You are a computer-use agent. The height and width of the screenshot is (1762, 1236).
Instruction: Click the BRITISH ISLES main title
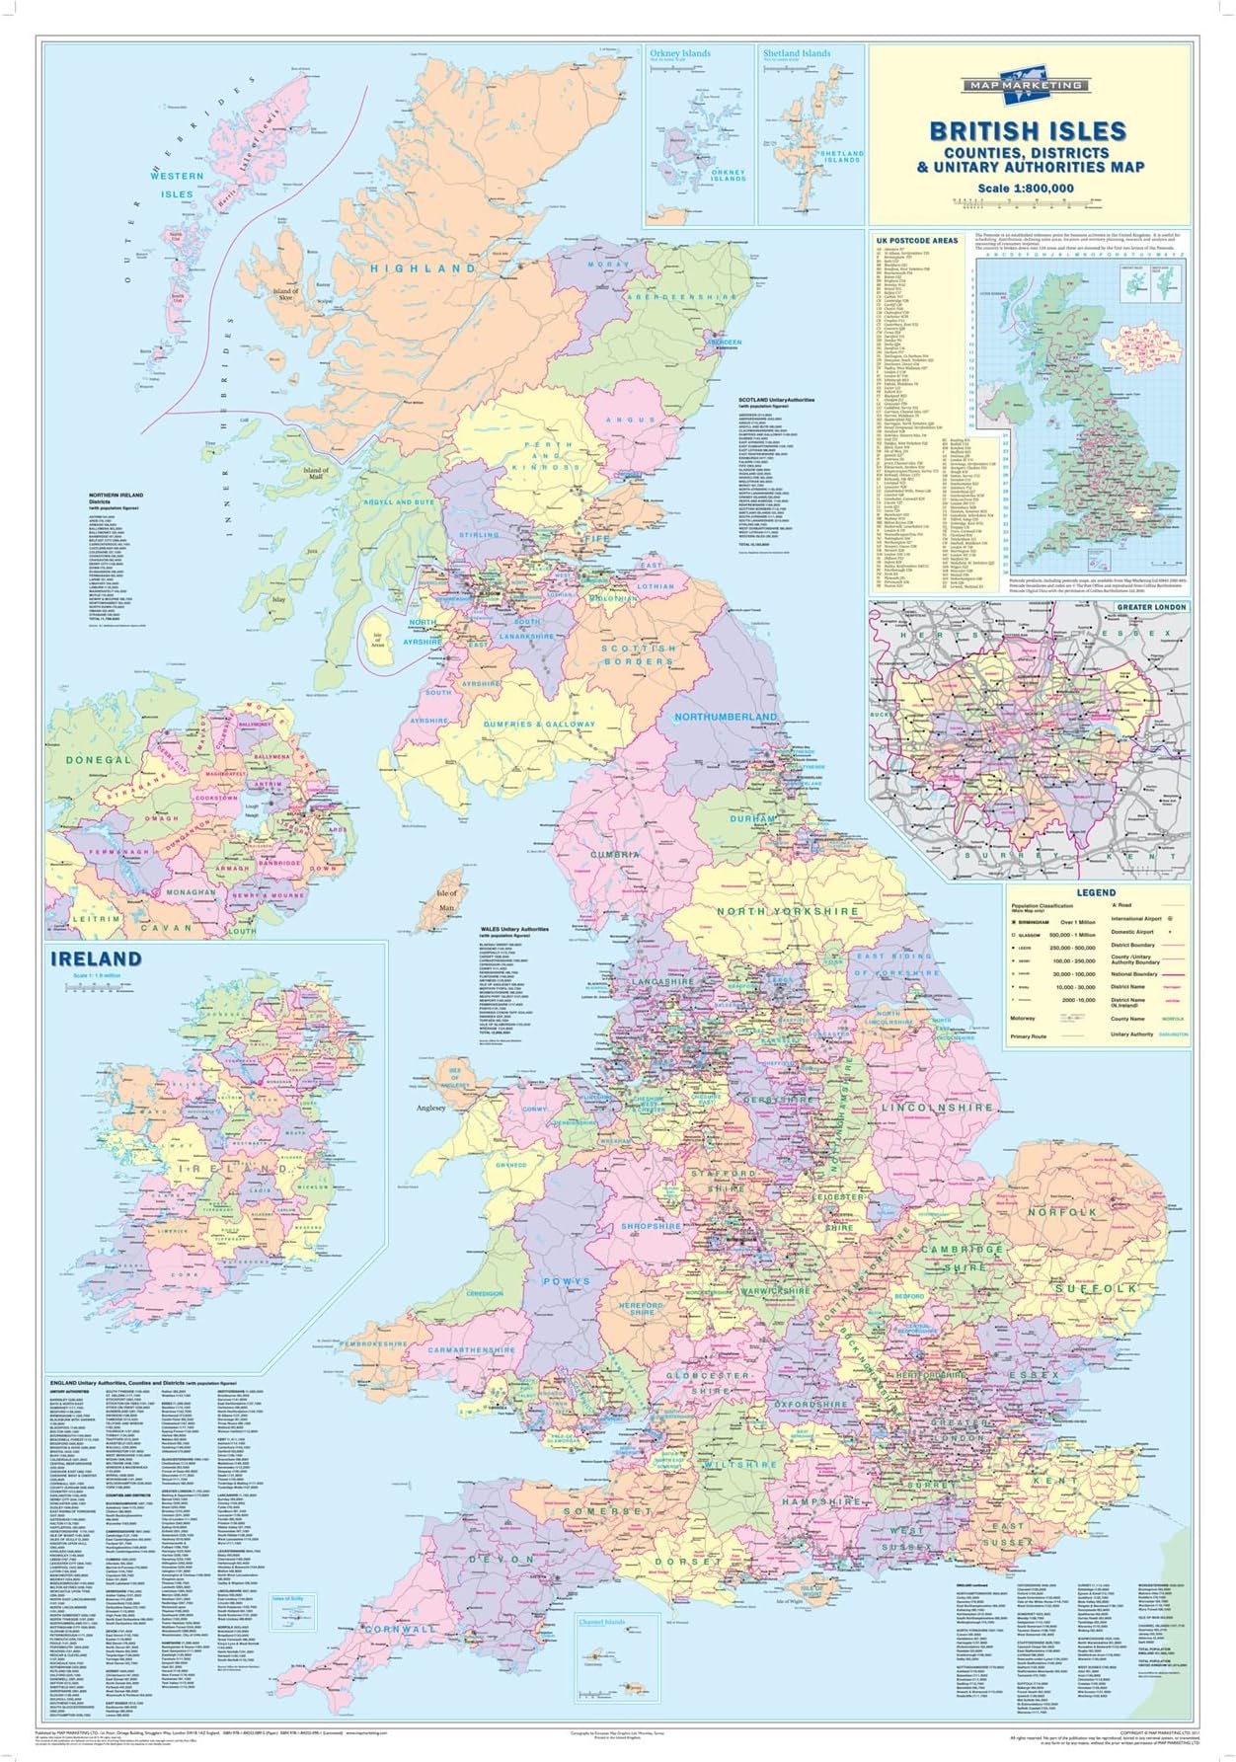coord(1014,130)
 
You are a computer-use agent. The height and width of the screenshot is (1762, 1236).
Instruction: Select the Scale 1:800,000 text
coord(1025,189)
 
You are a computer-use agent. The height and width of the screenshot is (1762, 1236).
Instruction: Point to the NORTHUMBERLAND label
coord(726,717)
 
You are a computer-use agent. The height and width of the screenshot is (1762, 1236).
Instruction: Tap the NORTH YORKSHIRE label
coord(787,911)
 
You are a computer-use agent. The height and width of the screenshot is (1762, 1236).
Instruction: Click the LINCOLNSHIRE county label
coord(936,1108)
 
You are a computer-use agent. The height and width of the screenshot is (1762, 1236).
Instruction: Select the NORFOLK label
coord(1062,1211)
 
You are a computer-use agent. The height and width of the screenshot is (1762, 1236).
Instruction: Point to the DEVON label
coord(508,1559)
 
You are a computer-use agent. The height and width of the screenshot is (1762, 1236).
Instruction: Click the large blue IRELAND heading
coord(96,958)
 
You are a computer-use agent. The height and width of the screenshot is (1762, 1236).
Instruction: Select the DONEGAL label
coord(98,760)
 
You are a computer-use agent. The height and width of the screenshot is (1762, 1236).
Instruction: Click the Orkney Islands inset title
coord(680,54)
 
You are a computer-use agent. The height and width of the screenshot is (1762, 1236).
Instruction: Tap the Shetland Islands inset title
coord(796,54)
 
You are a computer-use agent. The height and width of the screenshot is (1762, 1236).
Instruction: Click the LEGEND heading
coord(1096,892)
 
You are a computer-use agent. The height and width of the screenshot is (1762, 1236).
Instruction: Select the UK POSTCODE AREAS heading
coord(916,240)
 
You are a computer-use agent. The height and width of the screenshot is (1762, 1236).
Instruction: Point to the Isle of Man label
coord(446,898)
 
